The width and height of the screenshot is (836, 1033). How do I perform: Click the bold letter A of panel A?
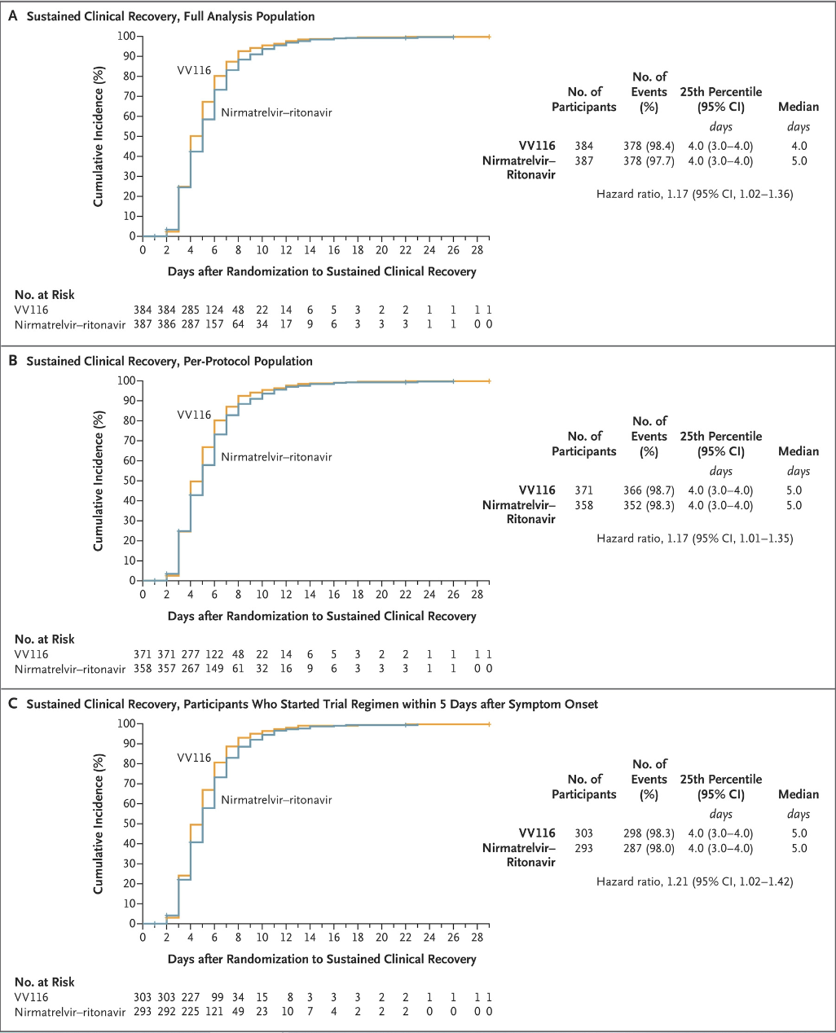[x=12, y=16]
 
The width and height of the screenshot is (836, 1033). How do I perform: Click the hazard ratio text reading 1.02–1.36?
[x=694, y=194]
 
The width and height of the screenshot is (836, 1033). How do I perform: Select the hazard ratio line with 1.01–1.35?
[x=694, y=538]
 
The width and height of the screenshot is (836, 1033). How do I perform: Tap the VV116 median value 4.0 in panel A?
[x=799, y=147]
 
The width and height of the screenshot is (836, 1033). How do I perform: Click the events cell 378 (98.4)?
[x=649, y=147]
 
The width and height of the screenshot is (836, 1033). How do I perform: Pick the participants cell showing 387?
[x=583, y=161]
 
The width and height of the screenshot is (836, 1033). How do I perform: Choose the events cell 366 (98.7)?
[x=649, y=490]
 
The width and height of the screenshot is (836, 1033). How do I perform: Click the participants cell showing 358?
[x=583, y=505]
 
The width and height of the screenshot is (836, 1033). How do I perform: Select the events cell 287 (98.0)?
[x=649, y=848]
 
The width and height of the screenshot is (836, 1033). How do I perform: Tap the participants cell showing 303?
[x=583, y=833]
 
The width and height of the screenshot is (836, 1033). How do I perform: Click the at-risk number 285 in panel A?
[x=190, y=310]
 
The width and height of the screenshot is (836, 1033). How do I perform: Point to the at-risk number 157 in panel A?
[x=213, y=324]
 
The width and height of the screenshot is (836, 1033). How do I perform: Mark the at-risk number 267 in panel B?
[x=190, y=669]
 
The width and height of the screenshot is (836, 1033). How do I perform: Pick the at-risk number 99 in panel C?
[x=214, y=998]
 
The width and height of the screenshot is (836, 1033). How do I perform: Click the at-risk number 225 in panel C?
[x=190, y=1012]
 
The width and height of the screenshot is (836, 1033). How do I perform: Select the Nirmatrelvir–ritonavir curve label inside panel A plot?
[x=276, y=112]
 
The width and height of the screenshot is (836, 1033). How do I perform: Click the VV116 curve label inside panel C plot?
[x=194, y=758]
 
